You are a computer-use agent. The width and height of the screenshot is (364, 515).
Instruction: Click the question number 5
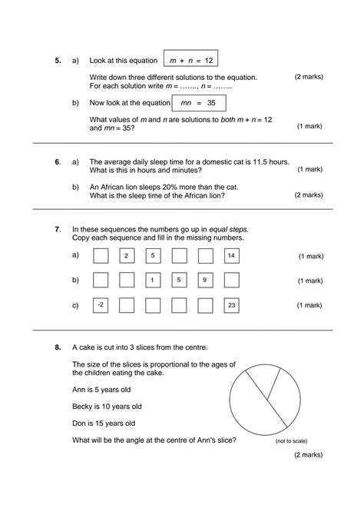[58, 60]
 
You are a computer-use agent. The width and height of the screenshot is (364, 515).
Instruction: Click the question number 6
[58, 162]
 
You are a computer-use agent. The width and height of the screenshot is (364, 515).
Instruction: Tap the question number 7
[58, 229]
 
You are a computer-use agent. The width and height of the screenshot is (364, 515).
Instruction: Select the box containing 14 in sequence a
[230, 255]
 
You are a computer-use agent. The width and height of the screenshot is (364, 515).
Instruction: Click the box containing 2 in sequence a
[127, 255]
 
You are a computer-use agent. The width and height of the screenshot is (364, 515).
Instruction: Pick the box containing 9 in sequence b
[204, 280]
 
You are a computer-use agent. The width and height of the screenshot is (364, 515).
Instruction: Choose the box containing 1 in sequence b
[152, 280]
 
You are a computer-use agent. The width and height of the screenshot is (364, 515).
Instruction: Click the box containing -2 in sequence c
[101, 305]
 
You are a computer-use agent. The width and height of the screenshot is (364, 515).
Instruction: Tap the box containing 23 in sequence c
[230, 305]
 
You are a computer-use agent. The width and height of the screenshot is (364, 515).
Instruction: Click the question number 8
[58, 347]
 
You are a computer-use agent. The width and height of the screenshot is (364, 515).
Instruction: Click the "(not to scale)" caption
[291, 441]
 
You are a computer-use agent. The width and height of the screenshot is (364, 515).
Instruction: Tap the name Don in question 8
[78, 423]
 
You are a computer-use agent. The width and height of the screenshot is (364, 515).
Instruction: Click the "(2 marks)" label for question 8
[308, 455]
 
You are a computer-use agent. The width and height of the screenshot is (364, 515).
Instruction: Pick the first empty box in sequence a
[101, 255]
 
